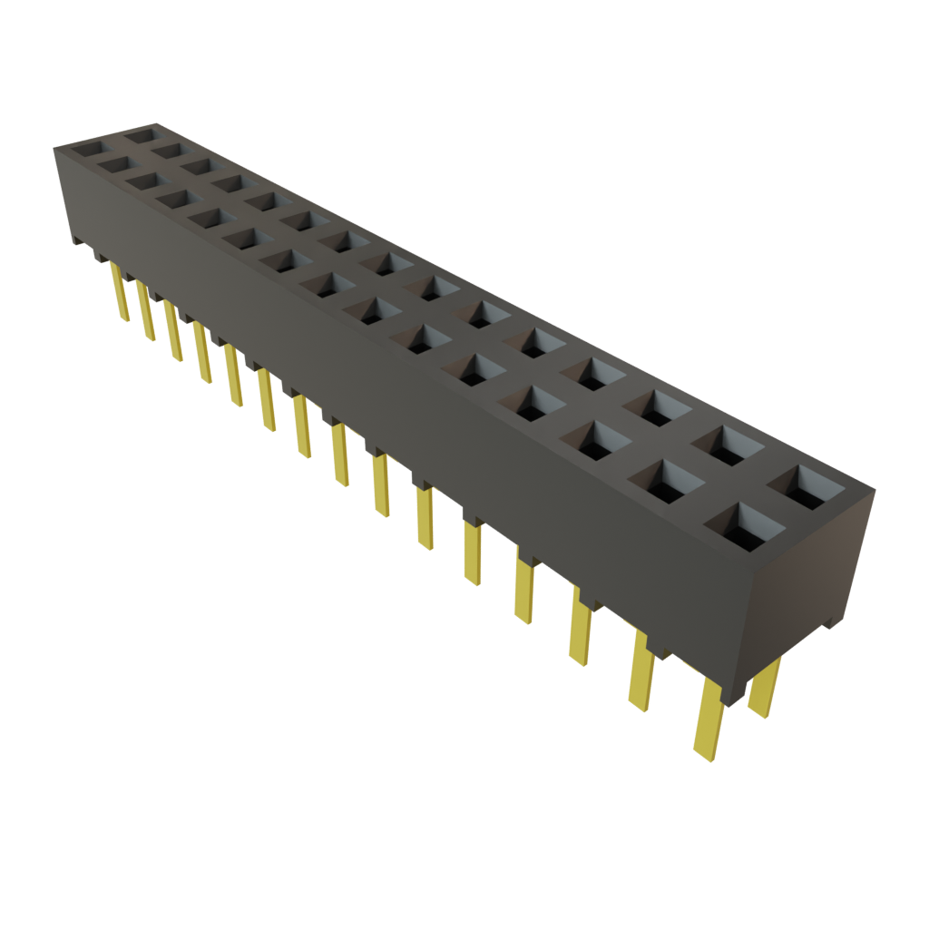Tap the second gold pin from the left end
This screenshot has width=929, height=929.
(x=145, y=311)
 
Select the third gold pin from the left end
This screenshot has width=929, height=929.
(x=172, y=331)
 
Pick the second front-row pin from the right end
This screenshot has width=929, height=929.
(x=641, y=672)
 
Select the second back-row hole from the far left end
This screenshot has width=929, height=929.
(x=171, y=151)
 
